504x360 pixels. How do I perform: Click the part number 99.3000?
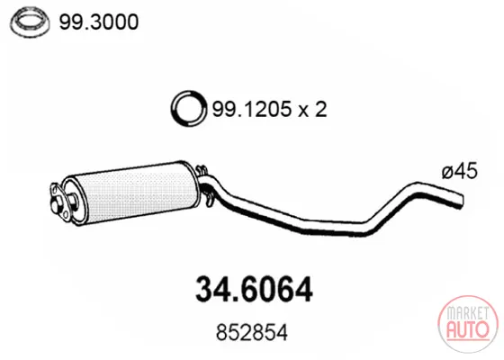(x=99, y=22)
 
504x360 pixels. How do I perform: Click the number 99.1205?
(x=251, y=109)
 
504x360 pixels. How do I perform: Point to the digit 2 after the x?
(x=320, y=109)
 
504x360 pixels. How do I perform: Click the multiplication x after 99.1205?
(x=302, y=111)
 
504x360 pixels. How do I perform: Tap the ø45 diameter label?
(x=459, y=172)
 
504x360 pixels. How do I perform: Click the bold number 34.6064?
(x=254, y=289)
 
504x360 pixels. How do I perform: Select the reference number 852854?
(x=252, y=333)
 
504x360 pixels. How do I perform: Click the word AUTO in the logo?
(x=468, y=329)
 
